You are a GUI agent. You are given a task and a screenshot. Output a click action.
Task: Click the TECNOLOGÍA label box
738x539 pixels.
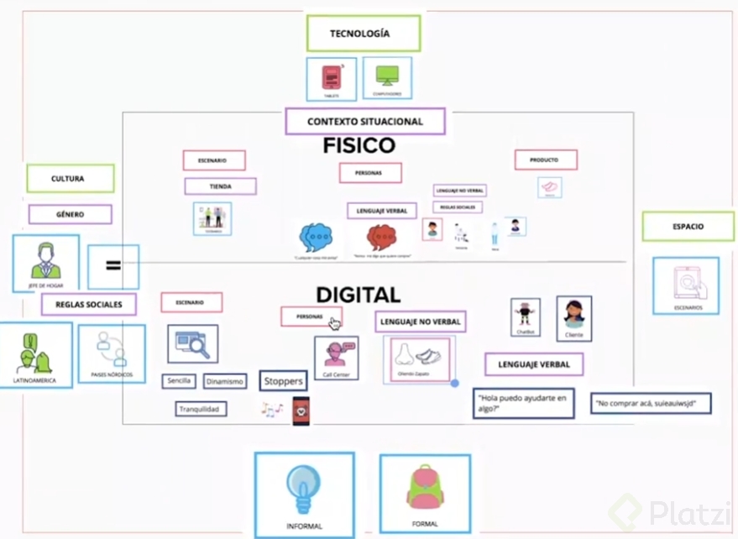pos(363,34)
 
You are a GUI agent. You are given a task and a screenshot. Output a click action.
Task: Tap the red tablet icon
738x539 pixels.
pos(331,78)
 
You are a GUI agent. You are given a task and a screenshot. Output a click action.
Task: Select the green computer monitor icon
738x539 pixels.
pos(387,76)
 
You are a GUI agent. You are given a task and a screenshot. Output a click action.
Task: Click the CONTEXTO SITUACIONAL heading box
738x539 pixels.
pos(364,122)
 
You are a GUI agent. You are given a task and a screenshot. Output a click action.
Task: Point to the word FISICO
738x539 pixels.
pos(359,146)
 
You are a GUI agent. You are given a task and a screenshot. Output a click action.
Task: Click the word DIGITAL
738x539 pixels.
pos(358,295)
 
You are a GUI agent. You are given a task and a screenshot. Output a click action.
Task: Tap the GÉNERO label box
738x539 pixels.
pos(70,214)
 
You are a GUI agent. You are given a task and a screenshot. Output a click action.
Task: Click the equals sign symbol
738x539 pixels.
pos(113,266)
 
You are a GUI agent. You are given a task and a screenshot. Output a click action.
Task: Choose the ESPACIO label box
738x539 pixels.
pos(688,227)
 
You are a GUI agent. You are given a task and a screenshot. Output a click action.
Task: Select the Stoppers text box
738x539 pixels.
pos(283,381)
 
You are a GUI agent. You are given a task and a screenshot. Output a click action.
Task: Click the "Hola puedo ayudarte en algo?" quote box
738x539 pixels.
pos(523,403)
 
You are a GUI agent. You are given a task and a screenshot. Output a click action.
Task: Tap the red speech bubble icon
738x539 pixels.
pos(381,238)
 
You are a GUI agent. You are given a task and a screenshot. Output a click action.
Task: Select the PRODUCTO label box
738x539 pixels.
pos(546,160)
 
